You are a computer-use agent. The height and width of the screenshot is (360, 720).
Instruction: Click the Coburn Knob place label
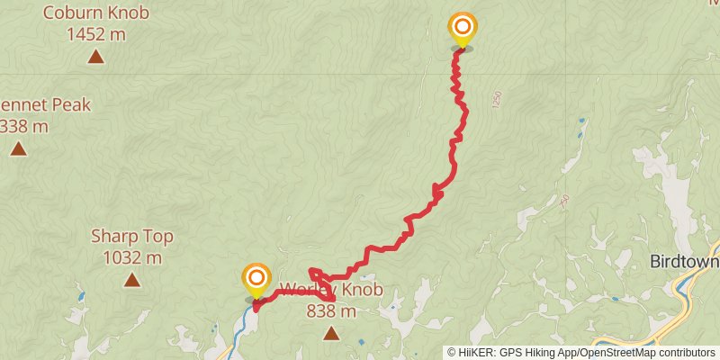click(x=94, y=13)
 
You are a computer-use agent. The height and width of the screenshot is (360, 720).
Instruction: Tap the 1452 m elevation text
click(x=95, y=34)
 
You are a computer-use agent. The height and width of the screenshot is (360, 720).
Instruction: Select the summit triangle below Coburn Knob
click(x=95, y=58)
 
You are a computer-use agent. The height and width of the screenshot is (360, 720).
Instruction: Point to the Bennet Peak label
click(x=45, y=104)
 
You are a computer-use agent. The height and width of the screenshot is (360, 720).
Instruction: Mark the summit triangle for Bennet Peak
click(x=19, y=148)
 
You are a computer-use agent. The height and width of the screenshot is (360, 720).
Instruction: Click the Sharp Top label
click(x=131, y=237)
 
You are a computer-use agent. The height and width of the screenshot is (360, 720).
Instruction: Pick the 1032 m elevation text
click(x=131, y=257)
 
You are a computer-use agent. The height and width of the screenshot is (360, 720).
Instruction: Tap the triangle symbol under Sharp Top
click(x=131, y=281)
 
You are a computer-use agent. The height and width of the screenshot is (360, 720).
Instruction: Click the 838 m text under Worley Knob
click(x=331, y=311)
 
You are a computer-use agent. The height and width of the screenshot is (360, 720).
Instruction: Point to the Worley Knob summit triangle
click(x=331, y=335)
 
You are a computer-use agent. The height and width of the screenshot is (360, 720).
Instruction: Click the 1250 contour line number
click(x=496, y=100)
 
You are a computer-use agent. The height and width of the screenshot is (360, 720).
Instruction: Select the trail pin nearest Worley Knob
click(x=256, y=279)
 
